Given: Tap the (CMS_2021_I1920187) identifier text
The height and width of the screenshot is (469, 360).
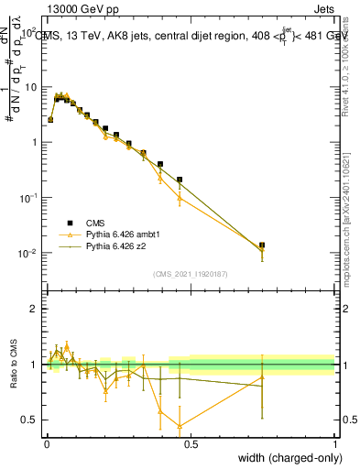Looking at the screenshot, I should coord(190,272).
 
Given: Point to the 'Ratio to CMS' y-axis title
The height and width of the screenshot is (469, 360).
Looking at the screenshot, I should coord(16,365).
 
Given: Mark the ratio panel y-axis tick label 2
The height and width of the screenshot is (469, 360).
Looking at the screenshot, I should coord(34,309).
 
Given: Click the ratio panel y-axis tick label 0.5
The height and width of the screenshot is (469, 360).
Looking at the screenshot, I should coord(29,420).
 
